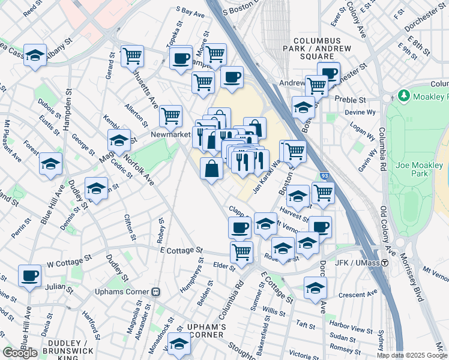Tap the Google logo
20,353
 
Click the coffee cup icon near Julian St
29,276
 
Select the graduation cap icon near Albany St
35,56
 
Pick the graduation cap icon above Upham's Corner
178,344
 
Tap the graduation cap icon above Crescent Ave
315,287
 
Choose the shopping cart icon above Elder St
241,251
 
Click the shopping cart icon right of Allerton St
171,115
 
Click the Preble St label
355,99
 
